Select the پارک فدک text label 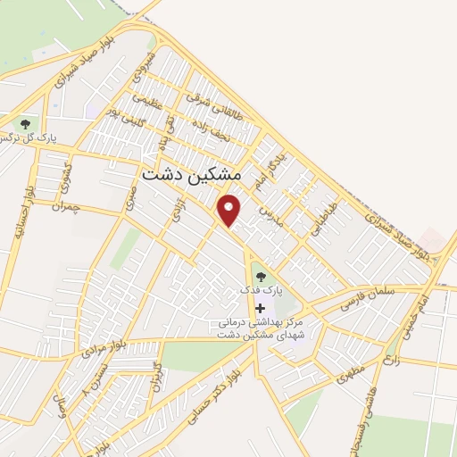(x=263, y=292)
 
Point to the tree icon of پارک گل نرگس (x=25, y=124)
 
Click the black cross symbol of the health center (x=261, y=308)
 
